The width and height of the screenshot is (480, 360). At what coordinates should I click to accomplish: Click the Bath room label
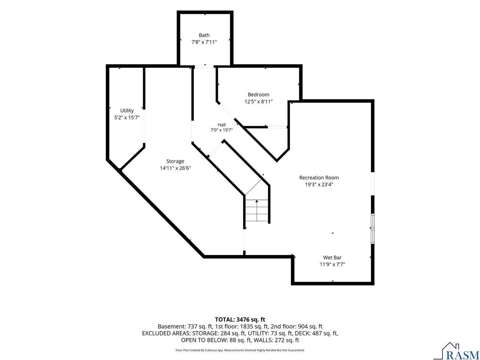click(204, 35)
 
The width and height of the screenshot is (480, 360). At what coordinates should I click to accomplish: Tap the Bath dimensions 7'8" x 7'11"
click(204, 42)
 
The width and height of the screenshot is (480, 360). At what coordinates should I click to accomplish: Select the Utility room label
click(127, 111)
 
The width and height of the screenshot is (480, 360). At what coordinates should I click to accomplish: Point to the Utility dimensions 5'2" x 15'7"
click(127, 118)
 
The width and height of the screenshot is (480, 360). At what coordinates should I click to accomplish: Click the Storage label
click(175, 161)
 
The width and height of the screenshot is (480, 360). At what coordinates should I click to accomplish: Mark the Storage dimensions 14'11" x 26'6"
click(175, 168)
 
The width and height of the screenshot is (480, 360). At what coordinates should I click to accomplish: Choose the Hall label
click(222, 125)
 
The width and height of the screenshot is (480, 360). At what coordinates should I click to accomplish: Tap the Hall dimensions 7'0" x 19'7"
click(222, 130)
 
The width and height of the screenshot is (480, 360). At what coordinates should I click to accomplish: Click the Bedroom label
click(258, 94)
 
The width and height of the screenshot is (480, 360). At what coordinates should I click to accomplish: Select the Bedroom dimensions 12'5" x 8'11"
click(258, 102)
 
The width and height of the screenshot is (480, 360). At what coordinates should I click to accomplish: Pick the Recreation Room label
click(319, 178)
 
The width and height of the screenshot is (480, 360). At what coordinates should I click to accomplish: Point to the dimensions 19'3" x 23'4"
click(319, 184)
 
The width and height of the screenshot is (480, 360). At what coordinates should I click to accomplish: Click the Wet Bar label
click(332, 258)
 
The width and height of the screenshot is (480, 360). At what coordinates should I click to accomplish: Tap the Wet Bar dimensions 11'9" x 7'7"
click(332, 264)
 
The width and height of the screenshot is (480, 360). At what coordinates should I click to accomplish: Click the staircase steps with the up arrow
click(257, 210)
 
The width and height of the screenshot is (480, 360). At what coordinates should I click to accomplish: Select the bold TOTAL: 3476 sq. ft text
click(240, 319)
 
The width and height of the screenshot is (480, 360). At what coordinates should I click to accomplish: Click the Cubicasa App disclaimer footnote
click(240, 350)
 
